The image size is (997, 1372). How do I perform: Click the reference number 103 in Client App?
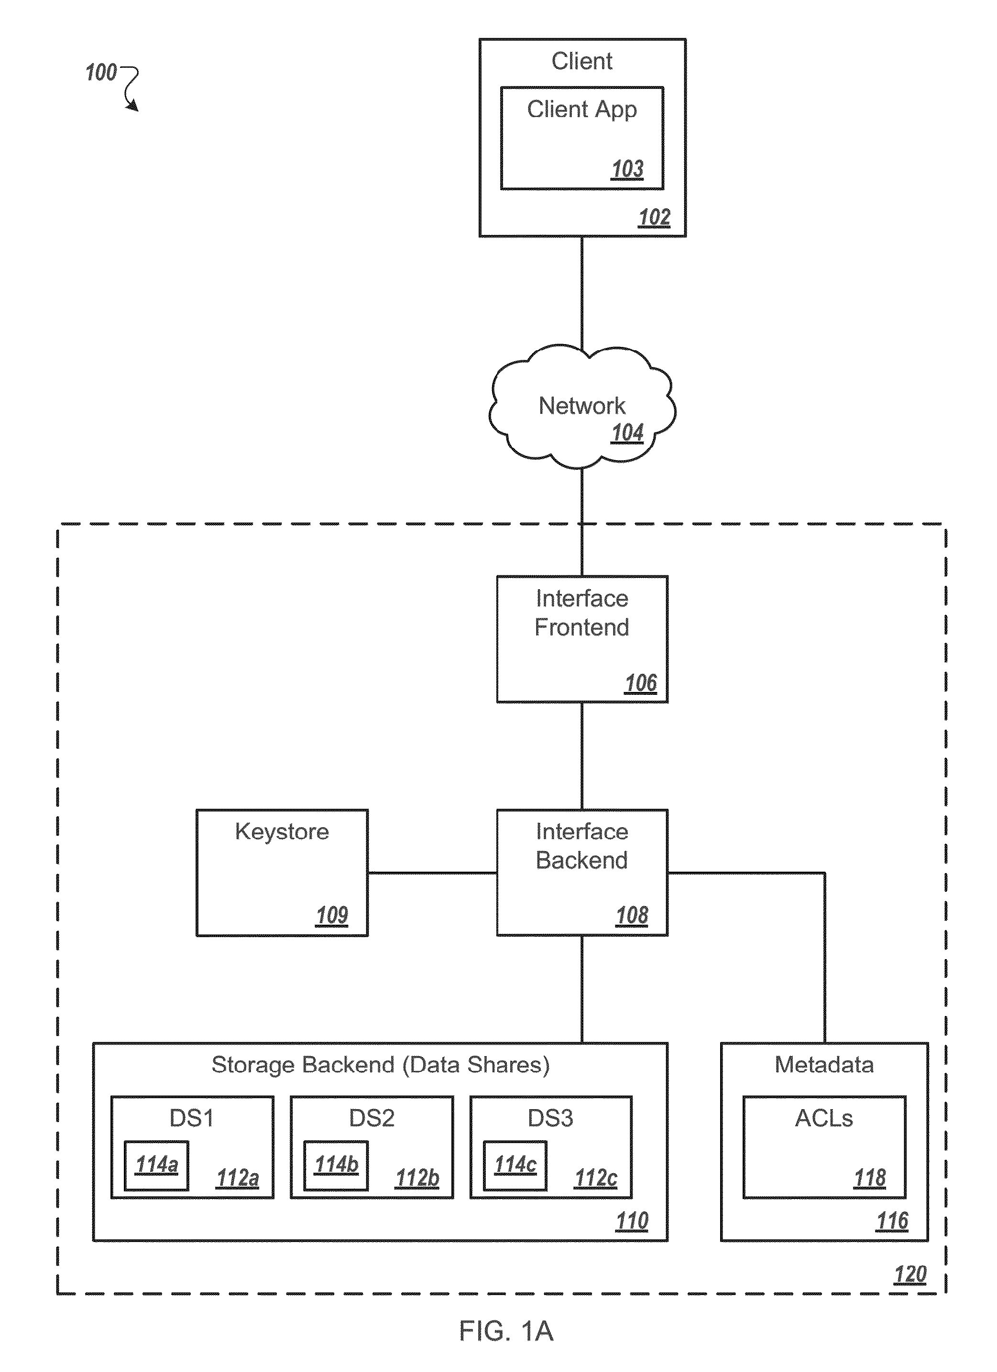(x=627, y=169)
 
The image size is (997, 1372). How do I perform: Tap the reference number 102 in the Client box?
(x=654, y=217)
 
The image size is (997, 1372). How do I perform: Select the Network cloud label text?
(x=582, y=406)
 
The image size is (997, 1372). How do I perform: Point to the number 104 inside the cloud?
(x=627, y=433)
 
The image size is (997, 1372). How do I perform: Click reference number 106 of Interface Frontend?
(x=640, y=683)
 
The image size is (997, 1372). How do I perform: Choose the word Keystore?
(x=282, y=832)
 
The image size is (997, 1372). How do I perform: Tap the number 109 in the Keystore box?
(x=332, y=915)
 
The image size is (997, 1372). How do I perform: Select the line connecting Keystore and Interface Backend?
(x=432, y=873)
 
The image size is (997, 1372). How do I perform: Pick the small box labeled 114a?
(x=157, y=1165)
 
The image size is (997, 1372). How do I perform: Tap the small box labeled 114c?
(x=515, y=1165)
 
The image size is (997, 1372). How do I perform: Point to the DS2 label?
(x=372, y=1118)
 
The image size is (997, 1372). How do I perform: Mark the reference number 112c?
(x=596, y=1178)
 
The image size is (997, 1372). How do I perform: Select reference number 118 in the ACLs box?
(x=869, y=1178)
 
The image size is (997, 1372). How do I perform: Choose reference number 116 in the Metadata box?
(x=892, y=1221)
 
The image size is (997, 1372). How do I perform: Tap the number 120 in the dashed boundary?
(x=910, y=1275)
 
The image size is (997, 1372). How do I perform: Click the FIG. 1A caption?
(x=506, y=1331)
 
